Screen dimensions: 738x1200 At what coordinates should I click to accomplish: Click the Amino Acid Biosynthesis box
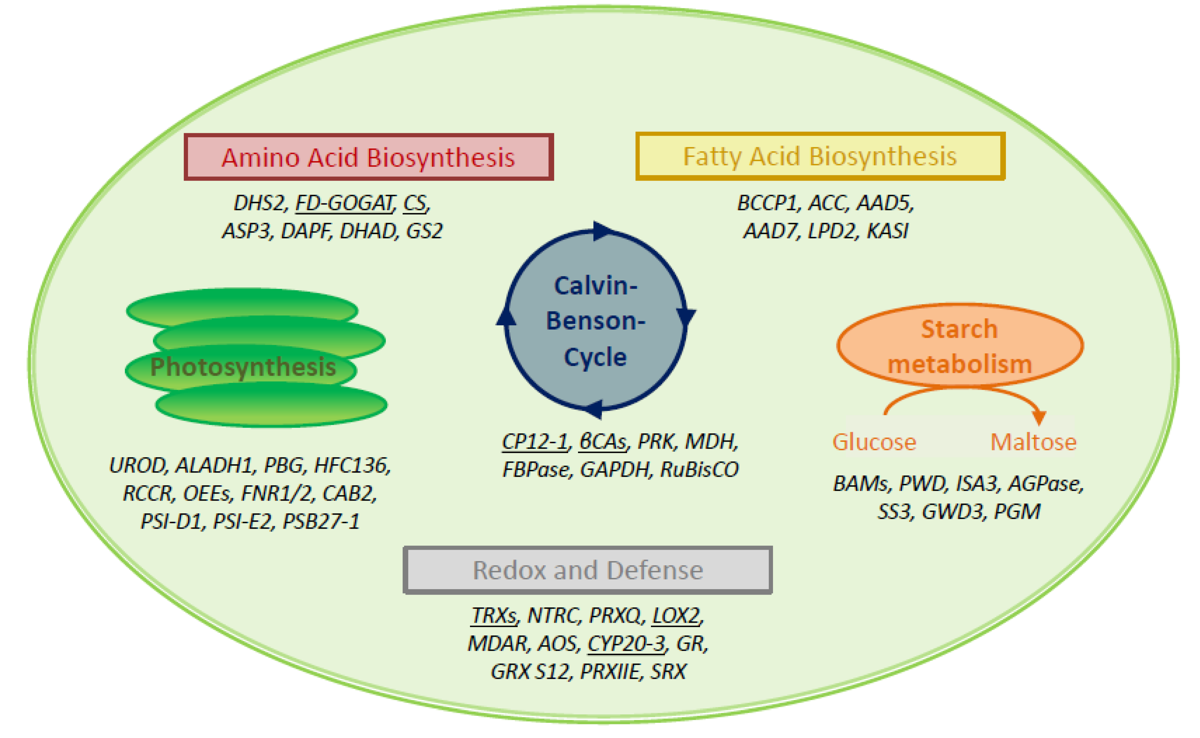click(368, 157)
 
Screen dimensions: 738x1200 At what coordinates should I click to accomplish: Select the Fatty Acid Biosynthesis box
click(820, 156)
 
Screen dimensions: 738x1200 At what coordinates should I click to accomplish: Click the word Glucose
click(874, 442)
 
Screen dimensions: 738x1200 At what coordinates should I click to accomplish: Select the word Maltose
click(1033, 442)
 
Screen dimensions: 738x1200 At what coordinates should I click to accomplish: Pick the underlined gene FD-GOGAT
click(344, 203)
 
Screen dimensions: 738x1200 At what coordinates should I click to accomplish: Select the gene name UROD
click(138, 466)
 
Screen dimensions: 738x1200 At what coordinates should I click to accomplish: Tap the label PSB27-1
click(321, 522)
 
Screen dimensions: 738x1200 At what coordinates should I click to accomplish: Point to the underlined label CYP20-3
click(626, 643)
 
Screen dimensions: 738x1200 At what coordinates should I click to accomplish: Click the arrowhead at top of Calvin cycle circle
click(601, 231)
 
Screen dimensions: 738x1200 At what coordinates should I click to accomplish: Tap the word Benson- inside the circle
click(595, 321)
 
